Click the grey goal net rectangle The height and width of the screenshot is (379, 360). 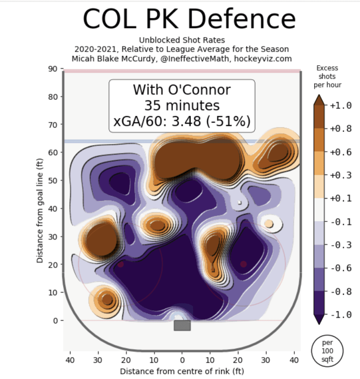(182, 325)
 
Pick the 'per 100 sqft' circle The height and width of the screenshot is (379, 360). (327, 351)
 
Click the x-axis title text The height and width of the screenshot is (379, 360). (182, 371)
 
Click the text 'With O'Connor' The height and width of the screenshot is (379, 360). (182, 90)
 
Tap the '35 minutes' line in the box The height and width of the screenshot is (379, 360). (182, 106)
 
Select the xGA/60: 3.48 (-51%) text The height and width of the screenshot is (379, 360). (182, 121)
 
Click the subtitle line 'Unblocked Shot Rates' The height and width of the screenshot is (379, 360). (182, 40)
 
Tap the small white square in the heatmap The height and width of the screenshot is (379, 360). (240, 202)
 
